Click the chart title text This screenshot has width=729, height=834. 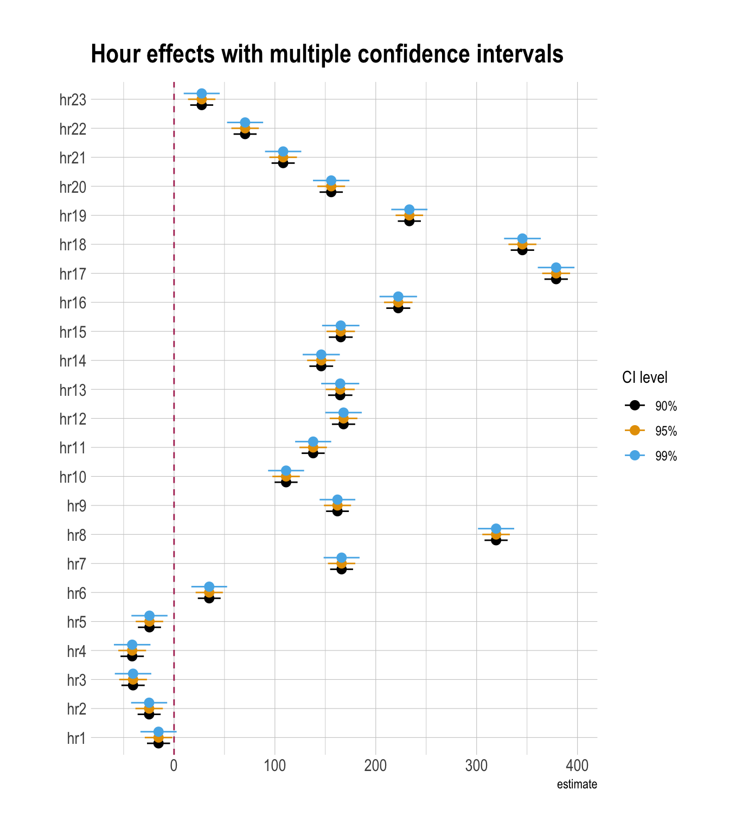[327, 54]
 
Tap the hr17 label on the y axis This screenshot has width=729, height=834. [73, 274]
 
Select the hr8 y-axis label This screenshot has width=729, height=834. [76, 535]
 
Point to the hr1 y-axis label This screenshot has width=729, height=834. [76, 738]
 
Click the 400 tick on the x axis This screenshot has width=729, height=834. [577, 766]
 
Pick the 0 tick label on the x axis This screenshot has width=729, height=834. [174, 766]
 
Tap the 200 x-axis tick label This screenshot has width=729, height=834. [375, 766]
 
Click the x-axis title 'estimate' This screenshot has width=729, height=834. [577, 785]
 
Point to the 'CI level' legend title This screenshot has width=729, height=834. [644, 377]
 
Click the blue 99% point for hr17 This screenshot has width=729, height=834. [556, 268]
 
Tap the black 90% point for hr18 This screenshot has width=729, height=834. [522, 250]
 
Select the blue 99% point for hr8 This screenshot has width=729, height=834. [496, 529]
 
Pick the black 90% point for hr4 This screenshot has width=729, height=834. [132, 656]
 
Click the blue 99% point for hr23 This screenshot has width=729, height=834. [201, 93]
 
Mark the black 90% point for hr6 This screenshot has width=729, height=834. [209, 598]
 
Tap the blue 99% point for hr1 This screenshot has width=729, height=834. [158, 732]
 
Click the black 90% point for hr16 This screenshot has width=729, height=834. [398, 308]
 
